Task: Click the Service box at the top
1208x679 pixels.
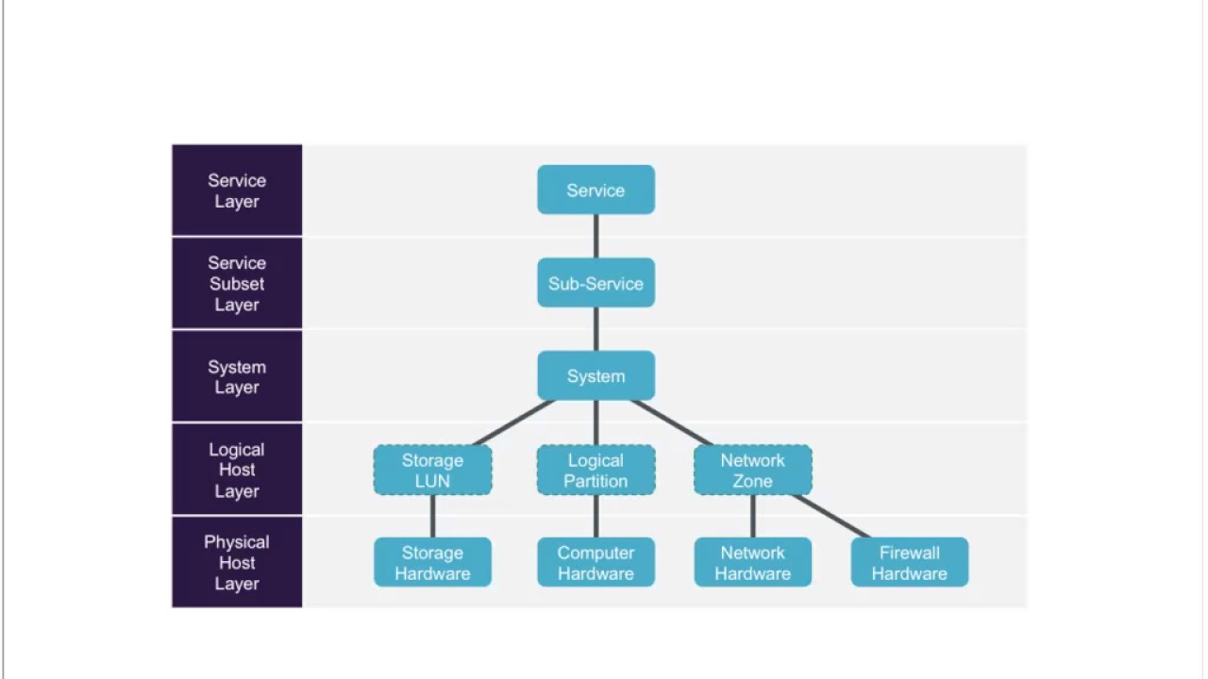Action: point(596,190)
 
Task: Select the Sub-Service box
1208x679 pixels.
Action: point(596,283)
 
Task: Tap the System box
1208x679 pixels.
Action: point(596,376)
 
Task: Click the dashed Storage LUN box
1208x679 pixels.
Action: point(432,470)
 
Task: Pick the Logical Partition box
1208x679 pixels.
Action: point(596,470)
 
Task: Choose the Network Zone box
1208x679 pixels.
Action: point(752,470)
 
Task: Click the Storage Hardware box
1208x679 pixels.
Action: point(432,563)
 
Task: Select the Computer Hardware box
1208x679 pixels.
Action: point(596,563)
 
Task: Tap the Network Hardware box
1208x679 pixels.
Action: point(752,563)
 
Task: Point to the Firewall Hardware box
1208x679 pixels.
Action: point(909,563)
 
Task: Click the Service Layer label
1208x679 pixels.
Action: point(237,190)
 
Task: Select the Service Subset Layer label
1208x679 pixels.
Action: point(237,283)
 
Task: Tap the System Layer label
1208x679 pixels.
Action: point(237,376)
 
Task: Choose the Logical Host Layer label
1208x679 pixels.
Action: point(237,470)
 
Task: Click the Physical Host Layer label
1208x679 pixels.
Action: point(237,562)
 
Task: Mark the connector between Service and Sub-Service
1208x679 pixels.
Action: point(596,236)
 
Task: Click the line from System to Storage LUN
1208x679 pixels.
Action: point(512,422)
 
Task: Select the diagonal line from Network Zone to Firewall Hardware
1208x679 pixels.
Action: point(831,516)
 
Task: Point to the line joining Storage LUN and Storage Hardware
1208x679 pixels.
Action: point(432,516)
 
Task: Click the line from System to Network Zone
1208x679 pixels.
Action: point(672,422)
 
